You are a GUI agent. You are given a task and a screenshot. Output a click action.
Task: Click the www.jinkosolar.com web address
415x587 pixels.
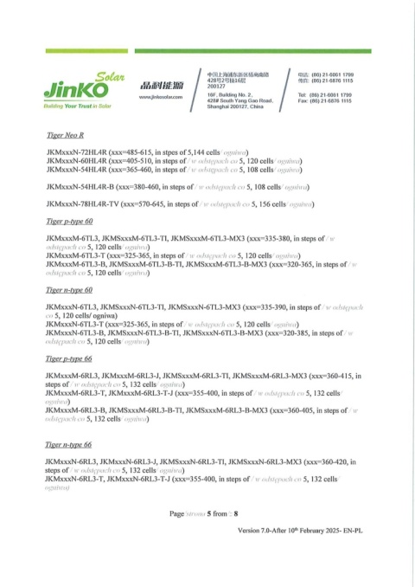[157, 98]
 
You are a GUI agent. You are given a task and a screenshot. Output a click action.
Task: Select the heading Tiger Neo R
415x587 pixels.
[67, 137]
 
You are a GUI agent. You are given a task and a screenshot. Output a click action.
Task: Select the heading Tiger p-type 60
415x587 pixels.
[72, 222]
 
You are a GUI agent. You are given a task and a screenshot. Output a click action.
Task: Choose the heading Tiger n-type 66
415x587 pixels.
[72, 444]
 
